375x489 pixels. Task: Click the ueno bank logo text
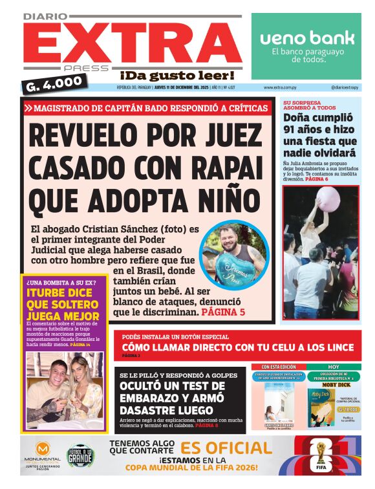[307, 38]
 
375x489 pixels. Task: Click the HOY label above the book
[332, 367]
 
